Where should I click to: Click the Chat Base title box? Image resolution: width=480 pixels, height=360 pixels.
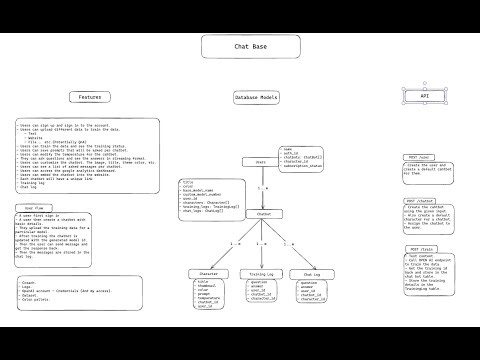coord(240,47)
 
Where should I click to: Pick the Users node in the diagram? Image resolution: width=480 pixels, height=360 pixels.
coord(261,161)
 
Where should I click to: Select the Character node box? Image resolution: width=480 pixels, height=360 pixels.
coord(207,273)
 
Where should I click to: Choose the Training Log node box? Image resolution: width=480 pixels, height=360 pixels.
coord(261,273)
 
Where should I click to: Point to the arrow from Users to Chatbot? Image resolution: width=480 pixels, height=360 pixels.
coord(262,188)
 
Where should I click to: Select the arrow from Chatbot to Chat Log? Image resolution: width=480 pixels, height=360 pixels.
coord(288,245)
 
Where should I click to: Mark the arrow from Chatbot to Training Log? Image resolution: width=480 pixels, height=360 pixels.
coord(262,245)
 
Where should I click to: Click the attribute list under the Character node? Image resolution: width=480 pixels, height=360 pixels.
coord(208,294)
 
